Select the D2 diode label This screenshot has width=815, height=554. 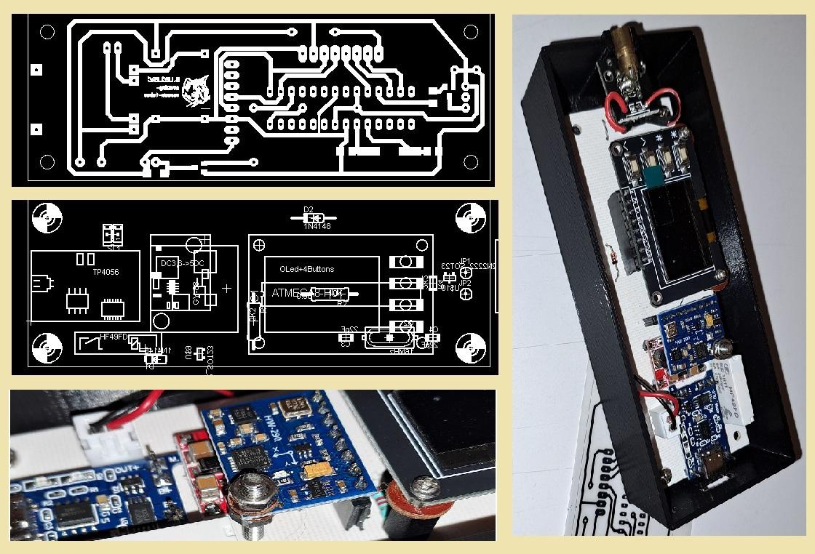tap(308, 209)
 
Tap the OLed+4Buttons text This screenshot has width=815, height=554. tap(306, 270)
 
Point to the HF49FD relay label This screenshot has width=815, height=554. tap(114, 337)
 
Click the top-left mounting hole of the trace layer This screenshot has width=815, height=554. tap(47, 32)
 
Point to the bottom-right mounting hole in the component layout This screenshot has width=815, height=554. tap(470, 348)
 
